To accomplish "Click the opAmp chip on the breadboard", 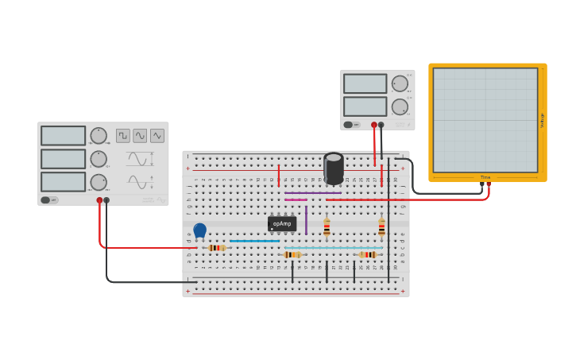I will (282, 223).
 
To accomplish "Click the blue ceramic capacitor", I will (199, 230).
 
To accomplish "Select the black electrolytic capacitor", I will (334, 168).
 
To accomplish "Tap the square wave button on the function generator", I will (123, 136).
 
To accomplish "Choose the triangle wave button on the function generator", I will (157, 136).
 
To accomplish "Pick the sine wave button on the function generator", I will (140, 136).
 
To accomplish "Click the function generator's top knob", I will (98, 136).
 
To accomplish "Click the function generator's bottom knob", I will (98, 182).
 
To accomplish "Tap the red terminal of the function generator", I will (99, 200).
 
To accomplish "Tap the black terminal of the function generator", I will (106, 200).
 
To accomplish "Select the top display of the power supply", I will (365, 83).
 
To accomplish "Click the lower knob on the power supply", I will (399, 106).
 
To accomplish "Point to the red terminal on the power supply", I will (374, 125).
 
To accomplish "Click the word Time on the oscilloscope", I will (485, 177).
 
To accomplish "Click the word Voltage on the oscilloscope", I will (543, 120).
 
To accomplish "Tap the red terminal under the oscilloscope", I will (489, 185).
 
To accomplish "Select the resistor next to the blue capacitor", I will (216, 248).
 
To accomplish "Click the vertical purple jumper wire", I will (306, 219).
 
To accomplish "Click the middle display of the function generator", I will (63, 159).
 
